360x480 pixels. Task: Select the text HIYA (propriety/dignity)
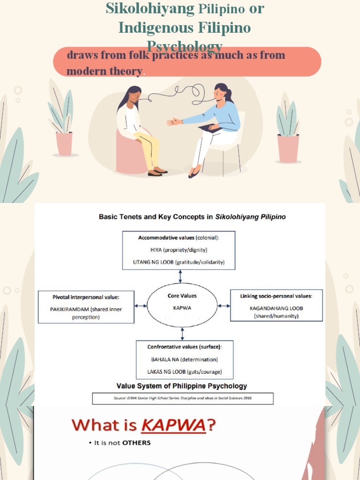(x=179, y=250)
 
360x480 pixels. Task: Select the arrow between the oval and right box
(x=224, y=306)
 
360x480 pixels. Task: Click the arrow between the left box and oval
(x=141, y=306)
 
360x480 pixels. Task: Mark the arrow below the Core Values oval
(x=182, y=334)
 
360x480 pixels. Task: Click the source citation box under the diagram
(x=182, y=398)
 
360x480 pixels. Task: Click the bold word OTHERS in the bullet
(x=136, y=443)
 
